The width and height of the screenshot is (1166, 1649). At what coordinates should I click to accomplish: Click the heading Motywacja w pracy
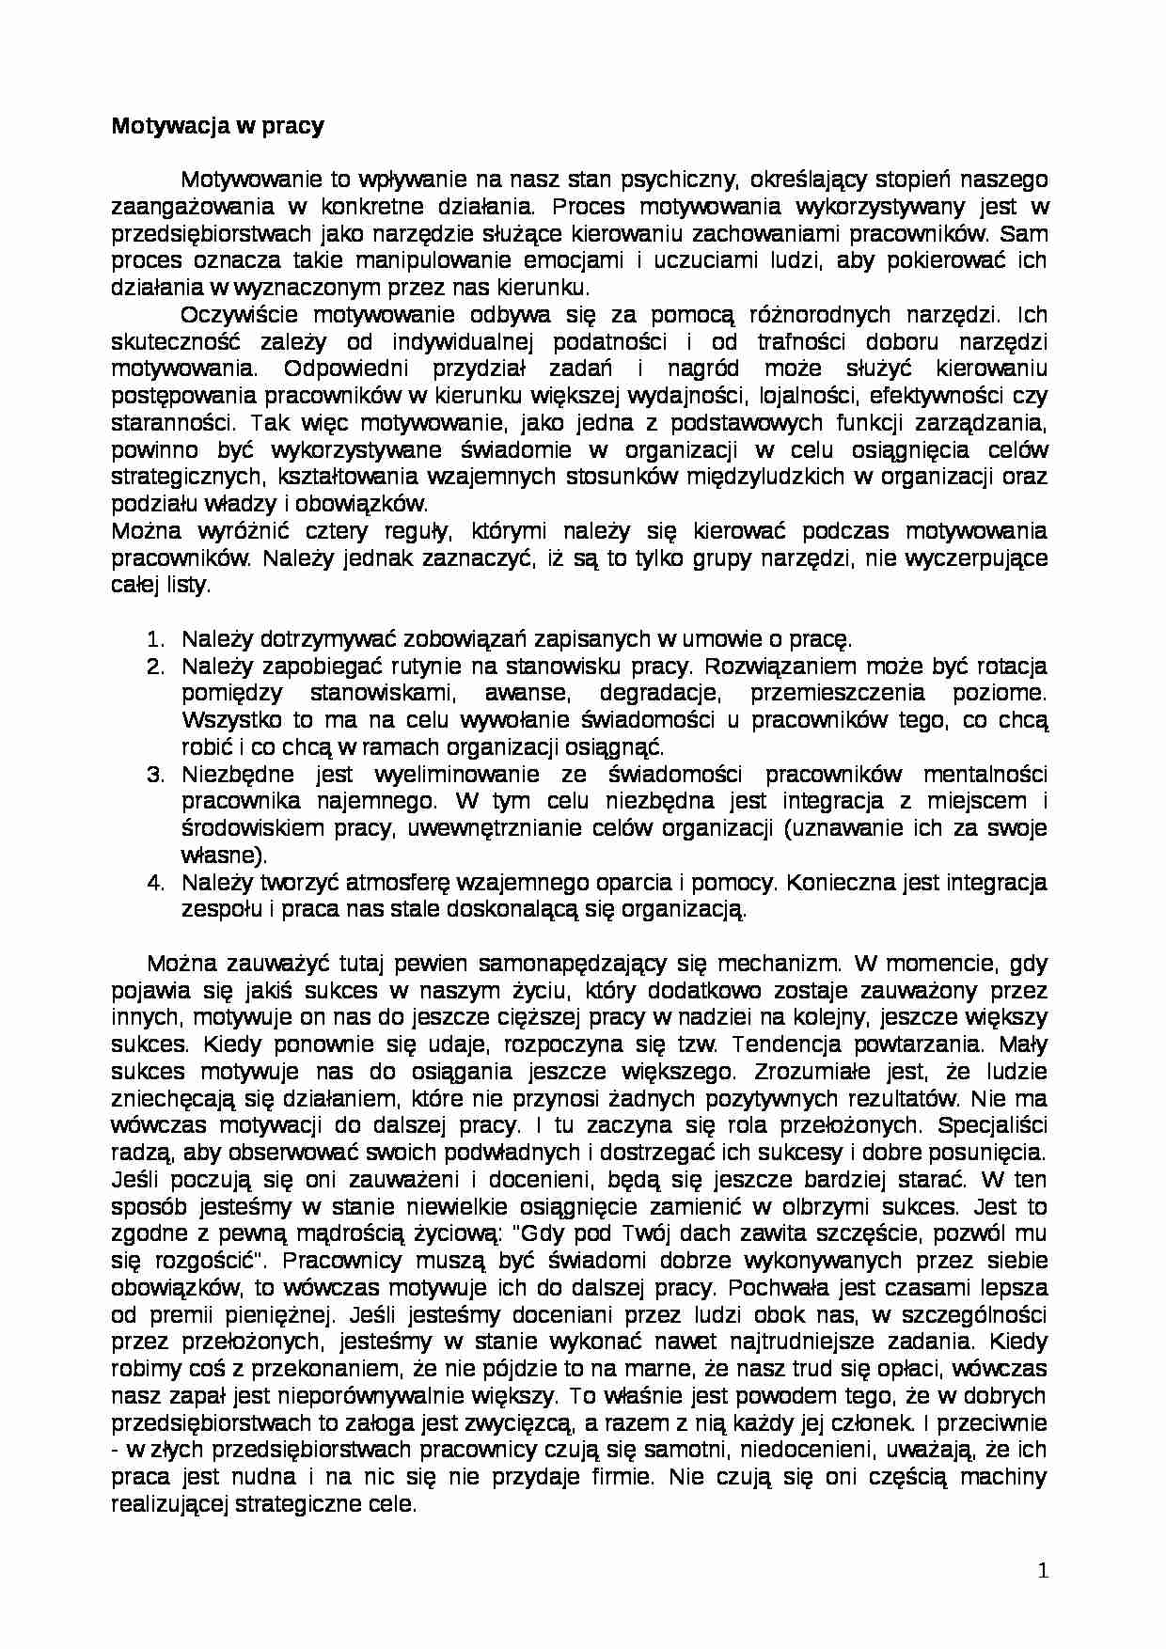click(x=217, y=126)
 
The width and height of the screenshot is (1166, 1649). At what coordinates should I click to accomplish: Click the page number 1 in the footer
click(x=1041, y=1571)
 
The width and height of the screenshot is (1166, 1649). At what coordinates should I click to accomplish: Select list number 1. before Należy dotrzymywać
click(x=156, y=640)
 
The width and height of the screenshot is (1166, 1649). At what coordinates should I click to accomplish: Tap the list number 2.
click(x=156, y=667)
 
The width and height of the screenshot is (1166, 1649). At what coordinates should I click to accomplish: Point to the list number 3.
click(x=156, y=776)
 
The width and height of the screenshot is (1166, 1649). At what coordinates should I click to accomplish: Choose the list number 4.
click(x=156, y=884)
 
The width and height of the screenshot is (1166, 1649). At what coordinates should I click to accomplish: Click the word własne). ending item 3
click(x=224, y=856)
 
